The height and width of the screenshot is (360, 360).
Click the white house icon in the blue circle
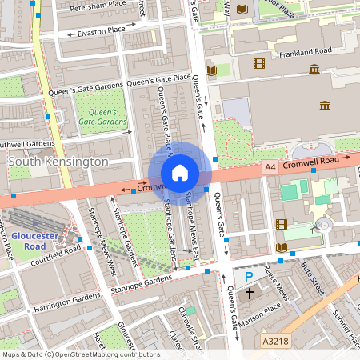pyautogui.click(x=180, y=173)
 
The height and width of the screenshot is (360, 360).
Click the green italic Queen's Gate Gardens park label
pyautogui.click(x=102, y=117)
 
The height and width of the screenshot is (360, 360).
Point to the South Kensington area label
pyautogui.click(x=58, y=162)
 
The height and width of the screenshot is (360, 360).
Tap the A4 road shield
pyautogui.click(x=271, y=167)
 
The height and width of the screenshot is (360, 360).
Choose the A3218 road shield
pyautogui.click(x=277, y=342)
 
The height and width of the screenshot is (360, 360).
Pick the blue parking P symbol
pyautogui.click(x=249, y=276)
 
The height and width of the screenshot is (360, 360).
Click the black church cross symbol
pyautogui.click(x=249, y=293)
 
